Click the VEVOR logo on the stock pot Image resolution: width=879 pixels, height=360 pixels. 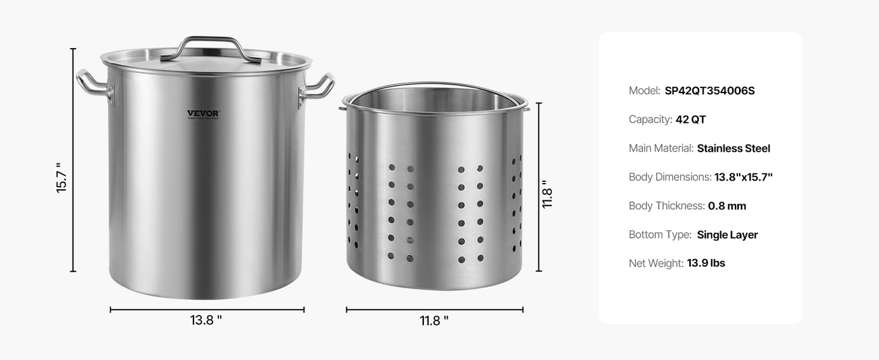click(203, 113)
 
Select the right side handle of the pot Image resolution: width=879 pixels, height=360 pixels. click(318, 86)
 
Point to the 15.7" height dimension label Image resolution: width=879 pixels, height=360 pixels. click(60, 178)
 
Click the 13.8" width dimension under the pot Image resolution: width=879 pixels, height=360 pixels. click(206, 320)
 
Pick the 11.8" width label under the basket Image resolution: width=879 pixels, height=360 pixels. click(434, 321)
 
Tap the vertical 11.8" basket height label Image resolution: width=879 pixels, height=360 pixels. click(547, 194)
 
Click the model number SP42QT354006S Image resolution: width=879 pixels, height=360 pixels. click(709, 91)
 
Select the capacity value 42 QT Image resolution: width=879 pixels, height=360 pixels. click(690, 119)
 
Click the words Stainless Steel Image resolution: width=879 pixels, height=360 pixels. click(733, 148)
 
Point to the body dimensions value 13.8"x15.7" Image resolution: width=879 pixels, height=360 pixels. click(743, 177)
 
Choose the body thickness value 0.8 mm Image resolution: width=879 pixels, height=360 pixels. click(727, 206)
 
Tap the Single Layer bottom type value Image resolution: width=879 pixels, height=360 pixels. click(727, 235)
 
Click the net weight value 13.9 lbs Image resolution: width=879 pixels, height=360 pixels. click(706, 263)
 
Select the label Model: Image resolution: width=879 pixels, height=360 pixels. click(644, 91)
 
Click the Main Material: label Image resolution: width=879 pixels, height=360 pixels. click(661, 148)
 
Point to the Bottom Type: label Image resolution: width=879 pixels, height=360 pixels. click(660, 235)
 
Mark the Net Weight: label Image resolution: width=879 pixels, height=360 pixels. click(656, 263)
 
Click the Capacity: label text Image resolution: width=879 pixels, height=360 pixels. click(650, 119)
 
